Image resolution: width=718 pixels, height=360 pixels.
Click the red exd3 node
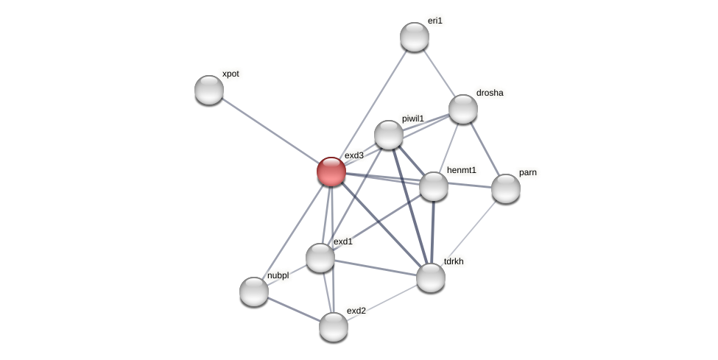tap(331, 172)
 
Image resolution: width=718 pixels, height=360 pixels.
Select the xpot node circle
tap(209, 90)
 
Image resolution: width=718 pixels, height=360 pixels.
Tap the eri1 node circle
tap(415, 37)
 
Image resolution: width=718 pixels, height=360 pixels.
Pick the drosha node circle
tap(463, 109)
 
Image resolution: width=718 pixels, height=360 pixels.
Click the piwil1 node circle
tap(389, 135)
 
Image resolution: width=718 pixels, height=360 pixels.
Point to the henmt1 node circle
tap(434, 186)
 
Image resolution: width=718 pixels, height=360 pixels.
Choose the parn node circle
tap(506, 188)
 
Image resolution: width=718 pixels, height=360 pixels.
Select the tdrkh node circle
tap(431, 278)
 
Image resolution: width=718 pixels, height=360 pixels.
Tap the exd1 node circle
tap(320, 258)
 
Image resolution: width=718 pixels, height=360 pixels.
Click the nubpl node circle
tap(254, 292)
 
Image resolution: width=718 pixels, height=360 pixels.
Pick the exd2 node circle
tap(334, 327)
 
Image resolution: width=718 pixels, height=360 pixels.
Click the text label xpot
tap(230, 74)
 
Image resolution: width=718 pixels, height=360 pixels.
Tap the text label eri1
tap(435, 21)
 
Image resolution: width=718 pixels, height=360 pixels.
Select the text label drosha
tap(490, 93)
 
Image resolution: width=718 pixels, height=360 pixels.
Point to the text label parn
tap(527, 173)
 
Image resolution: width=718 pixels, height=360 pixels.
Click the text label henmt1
tap(461, 171)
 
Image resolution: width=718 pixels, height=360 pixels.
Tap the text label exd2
tap(356, 311)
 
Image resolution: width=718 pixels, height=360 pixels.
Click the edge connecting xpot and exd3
tap(270, 130)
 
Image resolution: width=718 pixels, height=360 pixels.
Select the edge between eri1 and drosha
tap(439, 73)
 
